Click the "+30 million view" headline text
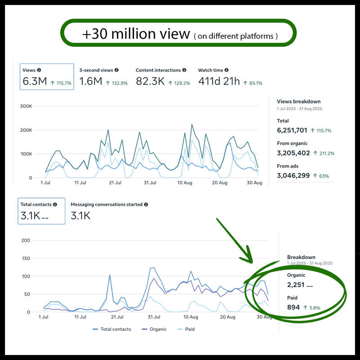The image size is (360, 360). tap(136, 34)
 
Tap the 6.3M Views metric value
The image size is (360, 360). tap(35, 81)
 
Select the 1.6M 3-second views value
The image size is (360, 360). tap(91, 81)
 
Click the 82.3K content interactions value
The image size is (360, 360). tap(150, 81)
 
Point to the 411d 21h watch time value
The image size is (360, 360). tap(219, 81)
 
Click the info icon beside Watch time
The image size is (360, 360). tap(226, 70)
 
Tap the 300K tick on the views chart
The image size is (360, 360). tap(26, 106)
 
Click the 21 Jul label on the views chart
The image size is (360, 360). tap(115, 183)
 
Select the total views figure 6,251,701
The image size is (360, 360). tap(292, 130)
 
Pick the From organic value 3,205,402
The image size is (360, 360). tap(293, 153)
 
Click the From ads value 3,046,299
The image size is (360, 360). tap(293, 175)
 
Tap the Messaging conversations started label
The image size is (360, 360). tap(107, 204)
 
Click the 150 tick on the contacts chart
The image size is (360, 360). tap(26, 258)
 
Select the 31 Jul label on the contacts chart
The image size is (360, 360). tap(154, 317)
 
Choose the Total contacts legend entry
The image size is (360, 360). tap(112, 329)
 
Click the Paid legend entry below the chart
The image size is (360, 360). tap(186, 329)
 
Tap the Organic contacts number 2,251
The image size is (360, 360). tap(296, 285)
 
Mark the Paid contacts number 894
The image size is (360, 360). tap(293, 307)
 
